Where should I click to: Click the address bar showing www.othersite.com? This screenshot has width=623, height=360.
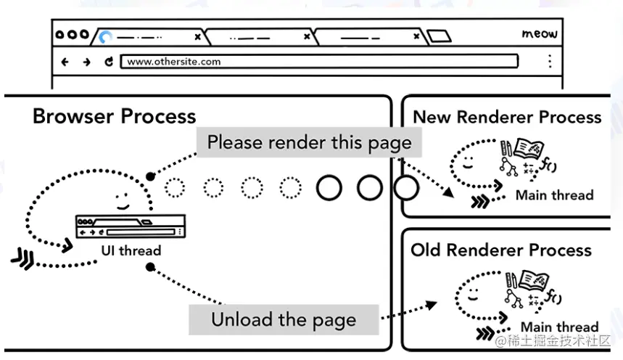[x=319, y=62]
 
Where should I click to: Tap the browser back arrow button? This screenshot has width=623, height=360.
[x=65, y=62]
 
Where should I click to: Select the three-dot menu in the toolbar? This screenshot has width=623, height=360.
[x=550, y=62]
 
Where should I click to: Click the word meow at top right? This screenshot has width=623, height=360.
[x=540, y=33]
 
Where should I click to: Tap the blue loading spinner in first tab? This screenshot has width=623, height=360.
[x=106, y=36]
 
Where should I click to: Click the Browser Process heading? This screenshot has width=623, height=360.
[x=114, y=116]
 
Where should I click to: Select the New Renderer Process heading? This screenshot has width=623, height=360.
[x=507, y=117]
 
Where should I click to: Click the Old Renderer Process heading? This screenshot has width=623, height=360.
[x=501, y=250]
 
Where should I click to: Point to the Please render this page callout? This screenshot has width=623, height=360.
[x=309, y=142]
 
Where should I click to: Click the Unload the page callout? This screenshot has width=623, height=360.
[x=284, y=319]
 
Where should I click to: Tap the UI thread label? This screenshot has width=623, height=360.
[x=131, y=250]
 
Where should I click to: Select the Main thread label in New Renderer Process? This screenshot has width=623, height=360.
[x=554, y=195]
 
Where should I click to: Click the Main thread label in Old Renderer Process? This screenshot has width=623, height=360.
[x=559, y=327]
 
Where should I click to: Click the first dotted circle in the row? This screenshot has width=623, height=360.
[x=175, y=187]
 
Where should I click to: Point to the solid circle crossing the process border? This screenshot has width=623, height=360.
[x=406, y=188]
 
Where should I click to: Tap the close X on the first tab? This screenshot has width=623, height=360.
[x=197, y=36]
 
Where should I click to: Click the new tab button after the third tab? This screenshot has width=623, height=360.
[x=438, y=36]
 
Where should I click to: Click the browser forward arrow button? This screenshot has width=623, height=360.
[x=86, y=62]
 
